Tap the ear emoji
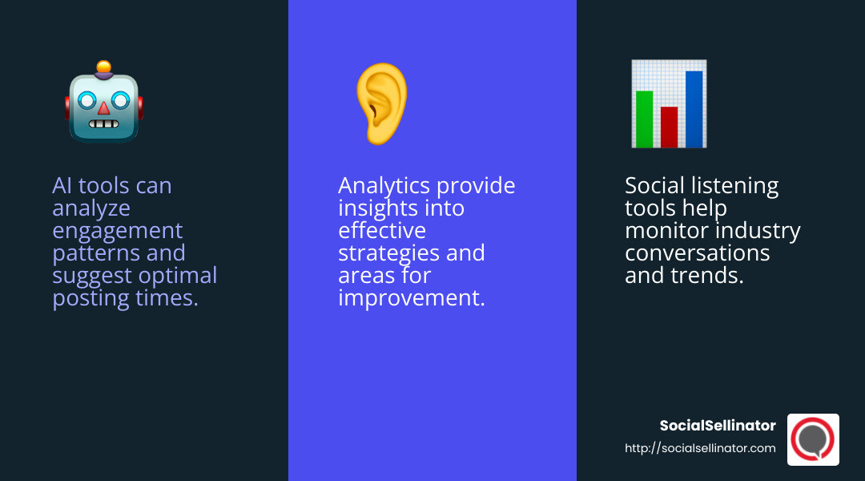pyautogui.click(x=382, y=103)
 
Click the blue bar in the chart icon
pyautogui.click(x=694, y=109)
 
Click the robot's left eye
pyautogui.click(x=86, y=100)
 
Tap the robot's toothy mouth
pyautogui.click(x=103, y=124)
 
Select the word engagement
pyautogui.click(x=118, y=231)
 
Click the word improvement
pyautogui.click(x=411, y=298)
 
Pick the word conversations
pyautogui.click(x=697, y=253)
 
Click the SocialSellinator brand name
pyautogui.click(x=717, y=426)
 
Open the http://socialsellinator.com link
pyautogui.click(x=700, y=448)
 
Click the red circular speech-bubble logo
pyautogui.click(x=813, y=439)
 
